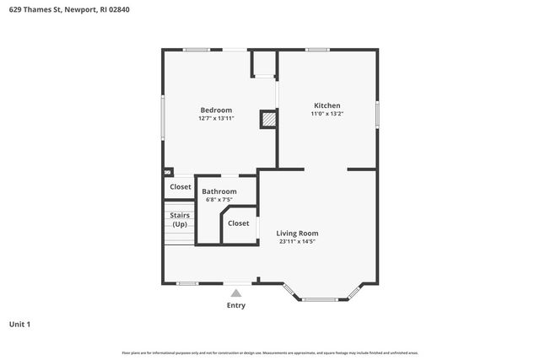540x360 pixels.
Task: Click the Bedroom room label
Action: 216,110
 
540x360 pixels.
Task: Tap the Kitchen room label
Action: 327,105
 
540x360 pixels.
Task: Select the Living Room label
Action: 297,233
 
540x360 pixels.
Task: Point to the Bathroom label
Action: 219,191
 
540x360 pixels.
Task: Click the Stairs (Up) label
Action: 180,220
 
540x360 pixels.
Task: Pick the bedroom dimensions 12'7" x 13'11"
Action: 216,119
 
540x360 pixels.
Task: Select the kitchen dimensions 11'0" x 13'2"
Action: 327,114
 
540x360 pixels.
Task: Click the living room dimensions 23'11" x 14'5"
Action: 297,241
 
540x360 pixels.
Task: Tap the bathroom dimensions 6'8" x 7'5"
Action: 219,200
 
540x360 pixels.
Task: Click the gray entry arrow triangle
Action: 236,293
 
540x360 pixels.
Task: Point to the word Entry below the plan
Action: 236,305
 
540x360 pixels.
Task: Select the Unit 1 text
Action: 19,324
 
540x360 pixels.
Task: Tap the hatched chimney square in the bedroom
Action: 268,120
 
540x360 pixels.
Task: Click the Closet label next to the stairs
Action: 181,187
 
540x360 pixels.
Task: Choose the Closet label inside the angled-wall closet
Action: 239,223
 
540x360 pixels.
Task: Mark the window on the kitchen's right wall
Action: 377,112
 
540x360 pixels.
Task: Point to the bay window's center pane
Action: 321,298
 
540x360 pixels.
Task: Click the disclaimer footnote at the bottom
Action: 270,352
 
